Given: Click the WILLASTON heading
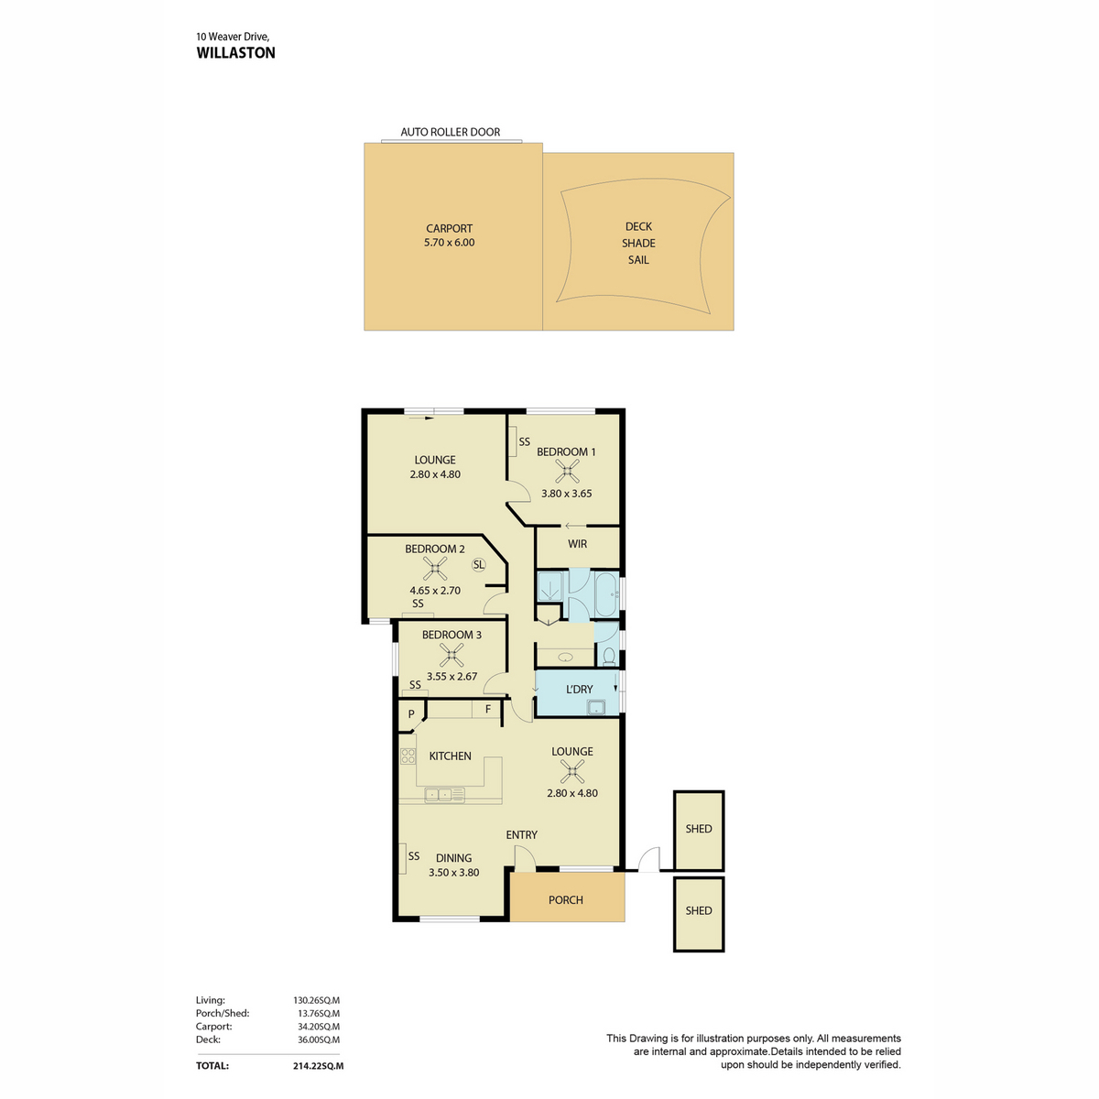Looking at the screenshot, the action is [235, 53].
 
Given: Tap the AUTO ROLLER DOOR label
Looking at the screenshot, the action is [450, 132].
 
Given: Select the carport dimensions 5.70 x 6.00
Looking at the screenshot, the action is [449, 242].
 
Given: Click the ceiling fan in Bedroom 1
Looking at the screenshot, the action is [567, 471].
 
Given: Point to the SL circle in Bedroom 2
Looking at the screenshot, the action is [478, 565].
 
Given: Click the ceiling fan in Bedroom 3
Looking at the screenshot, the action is [452, 655].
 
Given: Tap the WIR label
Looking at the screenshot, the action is [577, 543].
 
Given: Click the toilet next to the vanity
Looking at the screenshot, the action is [609, 656].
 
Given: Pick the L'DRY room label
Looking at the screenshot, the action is [579, 689].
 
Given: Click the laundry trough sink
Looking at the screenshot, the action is [596, 707].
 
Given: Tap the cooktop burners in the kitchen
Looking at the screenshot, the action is [408, 756].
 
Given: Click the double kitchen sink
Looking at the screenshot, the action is [444, 794].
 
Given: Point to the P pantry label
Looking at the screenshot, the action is [410, 714].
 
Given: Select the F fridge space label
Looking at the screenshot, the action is [488, 710].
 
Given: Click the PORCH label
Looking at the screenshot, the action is [566, 899].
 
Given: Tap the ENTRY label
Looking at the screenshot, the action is [521, 834].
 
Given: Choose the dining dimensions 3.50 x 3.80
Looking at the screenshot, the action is [454, 872].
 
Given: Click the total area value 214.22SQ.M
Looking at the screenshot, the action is [318, 1065].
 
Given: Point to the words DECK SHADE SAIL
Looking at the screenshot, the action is [638, 243].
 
